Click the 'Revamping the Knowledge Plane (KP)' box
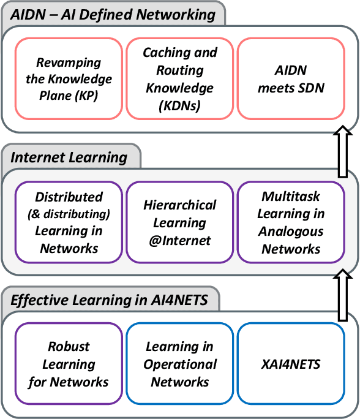point(69,79)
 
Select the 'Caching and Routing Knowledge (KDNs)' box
point(180,79)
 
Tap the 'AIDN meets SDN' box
point(291,79)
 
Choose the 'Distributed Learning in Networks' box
point(69,222)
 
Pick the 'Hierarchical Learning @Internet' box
point(180,222)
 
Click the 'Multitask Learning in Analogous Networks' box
point(291,222)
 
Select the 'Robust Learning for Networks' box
point(69,364)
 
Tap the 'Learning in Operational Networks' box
point(180,364)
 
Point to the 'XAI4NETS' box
point(291,364)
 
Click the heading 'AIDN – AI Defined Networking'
point(113,14)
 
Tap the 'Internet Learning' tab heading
point(69,157)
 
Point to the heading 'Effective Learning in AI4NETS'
point(109,300)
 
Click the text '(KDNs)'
point(180,106)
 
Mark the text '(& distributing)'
point(69,214)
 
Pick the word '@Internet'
point(180,240)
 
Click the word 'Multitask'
point(291,197)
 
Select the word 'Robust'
point(69,347)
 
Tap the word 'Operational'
point(180,364)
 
